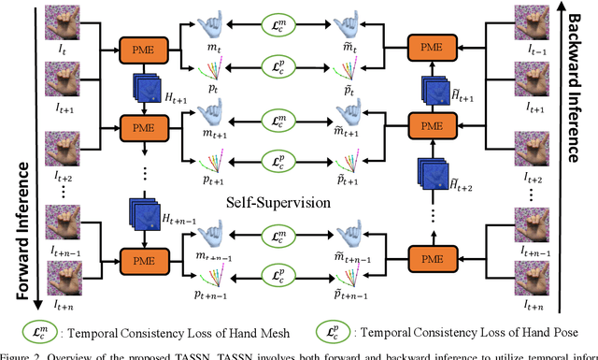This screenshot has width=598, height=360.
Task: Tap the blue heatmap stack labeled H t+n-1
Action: (143, 212)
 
